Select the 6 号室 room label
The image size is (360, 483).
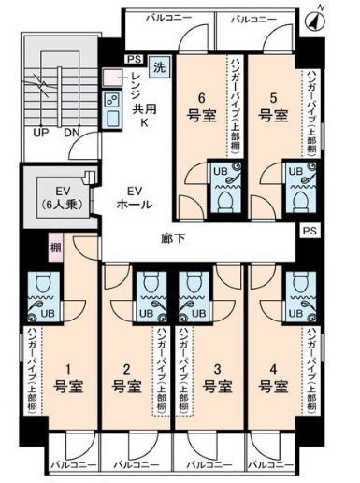tap(201, 107)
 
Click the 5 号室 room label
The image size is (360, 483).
tap(272, 107)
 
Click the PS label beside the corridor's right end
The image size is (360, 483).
tap(310, 230)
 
